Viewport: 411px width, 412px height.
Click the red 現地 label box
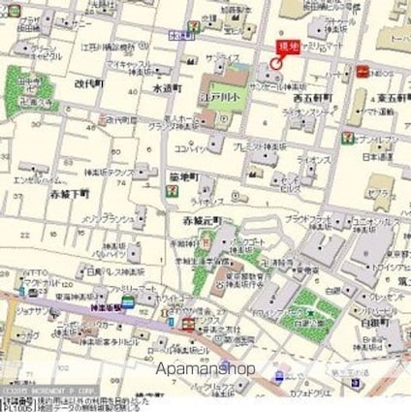pos(286,46)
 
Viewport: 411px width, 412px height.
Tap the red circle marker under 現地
pos(276,64)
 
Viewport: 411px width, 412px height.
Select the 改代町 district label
pos(88,83)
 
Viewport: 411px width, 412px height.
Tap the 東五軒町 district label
pos(391,97)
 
